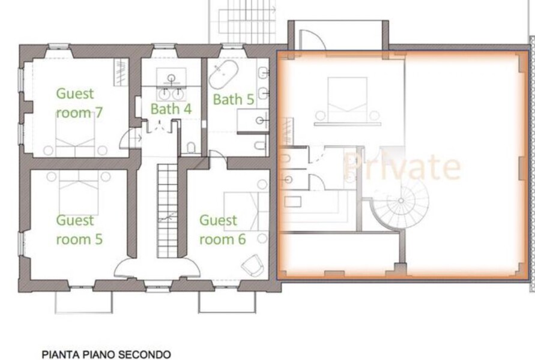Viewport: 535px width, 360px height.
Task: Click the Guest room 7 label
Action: coord(79,103)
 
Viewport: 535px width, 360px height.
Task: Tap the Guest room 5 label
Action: coord(79,229)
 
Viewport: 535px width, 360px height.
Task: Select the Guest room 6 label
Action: coord(222,229)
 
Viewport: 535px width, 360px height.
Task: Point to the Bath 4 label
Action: coord(171,109)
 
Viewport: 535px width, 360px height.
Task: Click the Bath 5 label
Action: coord(234,100)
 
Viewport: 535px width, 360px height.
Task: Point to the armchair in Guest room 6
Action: coord(253,265)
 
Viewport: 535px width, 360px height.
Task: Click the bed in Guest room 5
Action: coord(79,192)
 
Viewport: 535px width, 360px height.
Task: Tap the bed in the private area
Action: coord(347,101)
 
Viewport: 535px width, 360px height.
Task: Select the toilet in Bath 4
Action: coord(191,148)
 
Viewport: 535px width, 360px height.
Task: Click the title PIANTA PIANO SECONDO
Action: coord(106,355)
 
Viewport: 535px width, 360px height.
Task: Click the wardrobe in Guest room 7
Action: coord(121,72)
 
